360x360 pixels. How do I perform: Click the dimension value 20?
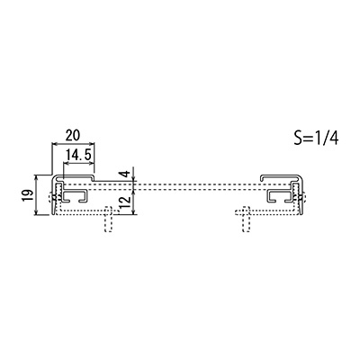pos(73,135)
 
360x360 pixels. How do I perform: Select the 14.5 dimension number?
pos(78,155)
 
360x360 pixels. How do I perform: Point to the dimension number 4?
pos(126,174)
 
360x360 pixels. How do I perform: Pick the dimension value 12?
pos(126,200)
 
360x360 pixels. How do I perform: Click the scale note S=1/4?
pos(316,139)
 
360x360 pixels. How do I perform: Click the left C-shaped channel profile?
pos(75,195)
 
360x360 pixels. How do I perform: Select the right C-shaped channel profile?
pos(280,195)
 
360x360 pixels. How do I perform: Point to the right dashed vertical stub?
pos(246,219)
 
